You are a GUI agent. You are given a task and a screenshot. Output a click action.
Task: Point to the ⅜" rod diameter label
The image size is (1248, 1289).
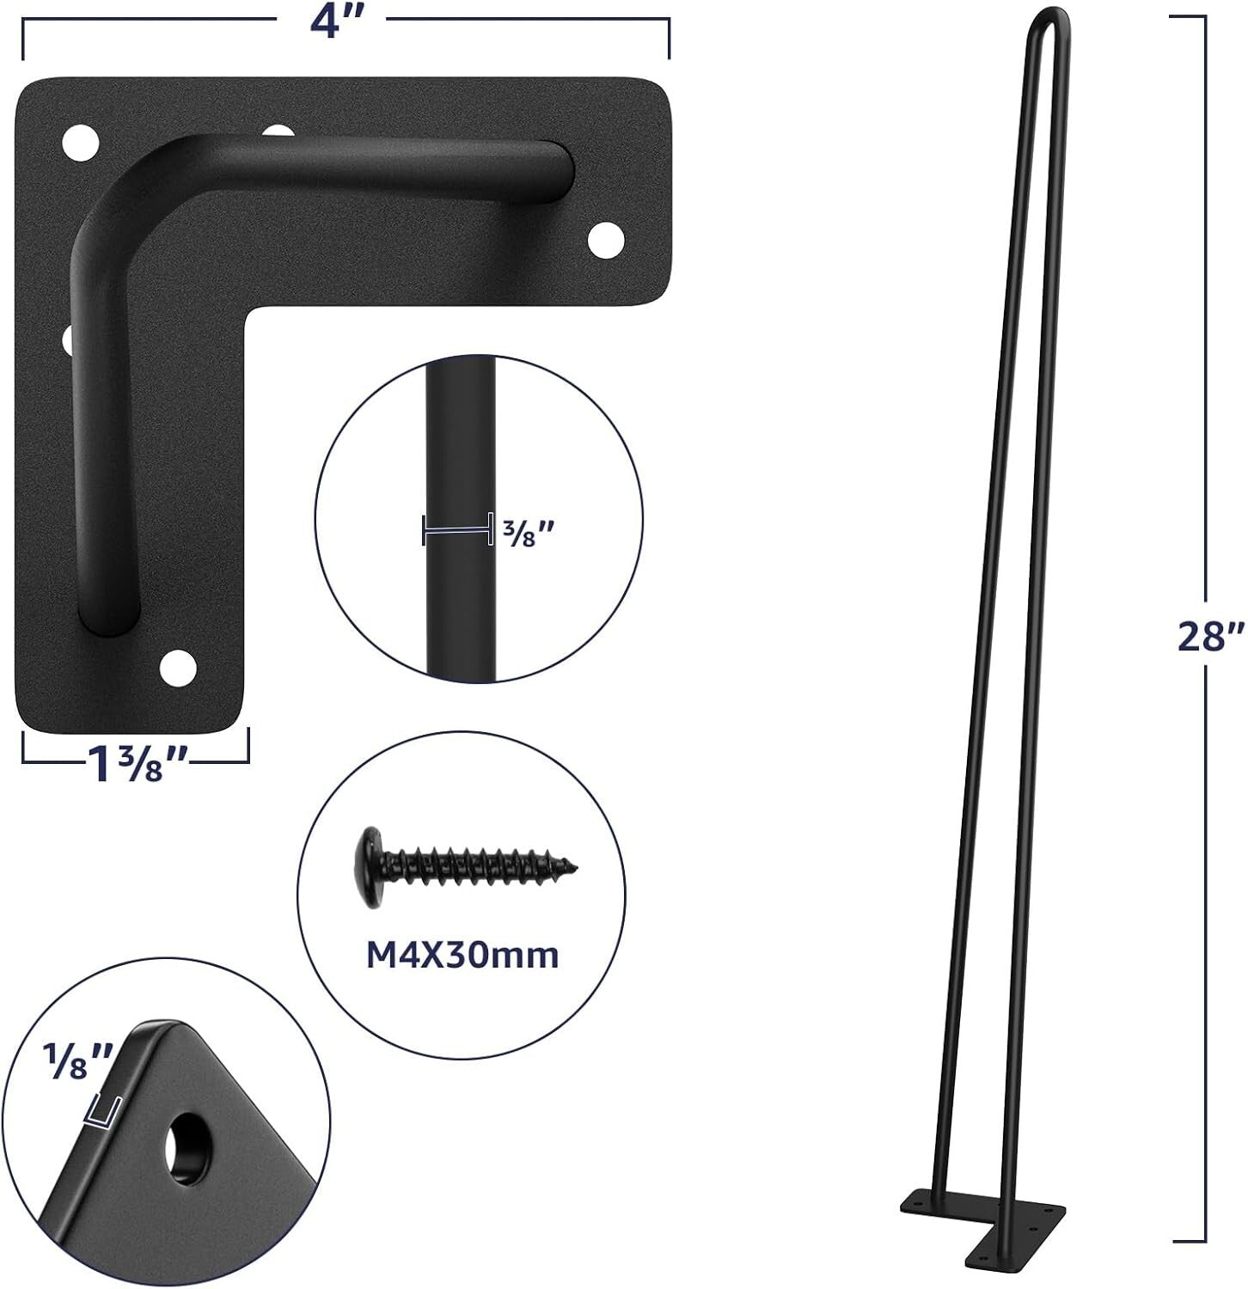tap(524, 538)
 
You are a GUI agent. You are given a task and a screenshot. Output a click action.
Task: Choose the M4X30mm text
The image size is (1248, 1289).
tap(462, 956)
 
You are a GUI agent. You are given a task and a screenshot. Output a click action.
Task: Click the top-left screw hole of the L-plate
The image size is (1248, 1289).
tap(80, 141)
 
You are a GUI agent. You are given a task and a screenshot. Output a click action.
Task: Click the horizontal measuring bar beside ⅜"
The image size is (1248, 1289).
tap(456, 530)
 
